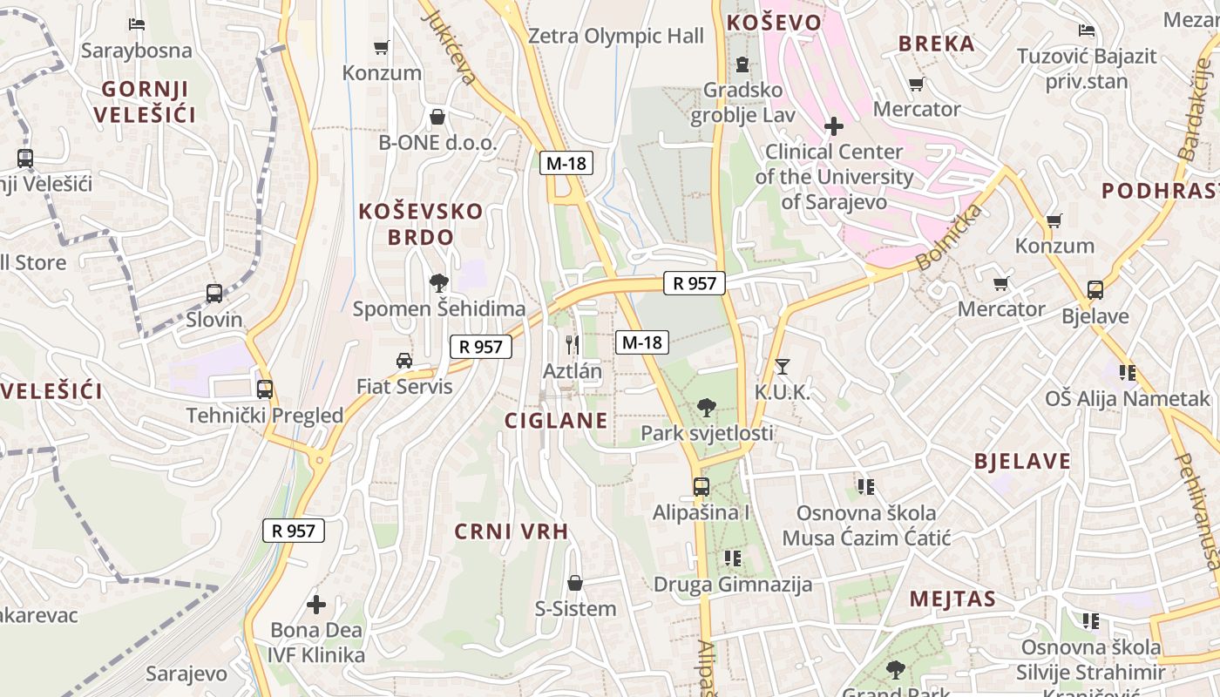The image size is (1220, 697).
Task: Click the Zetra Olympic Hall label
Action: (616, 37)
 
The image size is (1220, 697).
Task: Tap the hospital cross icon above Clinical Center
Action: (834, 126)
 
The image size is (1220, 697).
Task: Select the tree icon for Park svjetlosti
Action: (707, 407)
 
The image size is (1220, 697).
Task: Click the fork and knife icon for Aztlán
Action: (573, 345)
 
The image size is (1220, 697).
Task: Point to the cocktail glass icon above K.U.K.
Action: (782, 367)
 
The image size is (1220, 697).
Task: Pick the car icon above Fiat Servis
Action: (403, 361)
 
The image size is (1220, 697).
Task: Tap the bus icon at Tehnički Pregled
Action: (265, 389)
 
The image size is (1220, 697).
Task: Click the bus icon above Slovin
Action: (214, 294)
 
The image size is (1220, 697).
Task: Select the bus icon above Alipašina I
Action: (701, 486)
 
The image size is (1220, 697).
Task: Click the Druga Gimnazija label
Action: (733, 584)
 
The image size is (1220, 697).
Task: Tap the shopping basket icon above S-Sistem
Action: (575, 583)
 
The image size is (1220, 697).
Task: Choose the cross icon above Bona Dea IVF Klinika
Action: (316, 604)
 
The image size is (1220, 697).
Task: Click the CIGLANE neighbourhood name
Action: (556, 421)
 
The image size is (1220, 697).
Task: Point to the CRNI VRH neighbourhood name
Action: (512, 531)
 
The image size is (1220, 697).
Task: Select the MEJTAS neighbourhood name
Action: (952, 599)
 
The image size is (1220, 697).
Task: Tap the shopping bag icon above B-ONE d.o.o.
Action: (437, 117)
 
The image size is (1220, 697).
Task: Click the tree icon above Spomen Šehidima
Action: (439, 282)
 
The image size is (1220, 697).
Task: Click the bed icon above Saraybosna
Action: (136, 24)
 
